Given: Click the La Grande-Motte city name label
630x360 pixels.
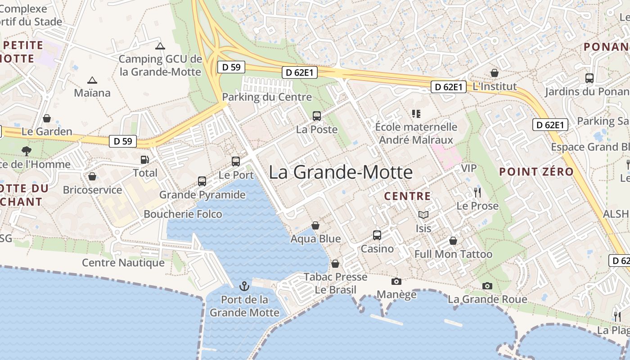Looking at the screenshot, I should [x=341, y=172].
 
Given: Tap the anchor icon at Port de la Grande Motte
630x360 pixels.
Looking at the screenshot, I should [x=244, y=286].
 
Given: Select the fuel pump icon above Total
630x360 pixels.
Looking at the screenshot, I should [x=145, y=160].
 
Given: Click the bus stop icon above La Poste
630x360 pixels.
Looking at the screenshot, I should [x=317, y=116].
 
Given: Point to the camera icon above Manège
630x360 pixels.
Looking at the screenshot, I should [x=396, y=282].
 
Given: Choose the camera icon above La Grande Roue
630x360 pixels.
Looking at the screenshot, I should [x=487, y=286].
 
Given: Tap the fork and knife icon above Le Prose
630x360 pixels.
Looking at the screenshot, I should [x=477, y=193].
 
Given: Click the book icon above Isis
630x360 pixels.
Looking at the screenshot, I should [x=423, y=215].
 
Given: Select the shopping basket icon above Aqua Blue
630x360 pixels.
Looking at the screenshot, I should [x=315, y=225].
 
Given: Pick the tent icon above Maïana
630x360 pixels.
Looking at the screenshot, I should [x=92, y=81].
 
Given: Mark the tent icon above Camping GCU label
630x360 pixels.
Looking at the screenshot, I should [x=160, y=46].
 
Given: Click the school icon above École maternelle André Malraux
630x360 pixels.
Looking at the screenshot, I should [x=416, y=114].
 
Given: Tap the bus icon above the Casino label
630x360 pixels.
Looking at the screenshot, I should [x=377, y=235].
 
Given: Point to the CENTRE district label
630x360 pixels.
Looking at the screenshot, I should [x=407, y=196].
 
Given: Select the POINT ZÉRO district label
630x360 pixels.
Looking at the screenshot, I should [x=536, y=171].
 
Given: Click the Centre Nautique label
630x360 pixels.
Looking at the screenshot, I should [x=123, y=263].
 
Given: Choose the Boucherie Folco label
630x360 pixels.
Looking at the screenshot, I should [x=183, y=214].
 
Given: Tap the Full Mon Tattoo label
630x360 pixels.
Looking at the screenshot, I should [x=453, y=254].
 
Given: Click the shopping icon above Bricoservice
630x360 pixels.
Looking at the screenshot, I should [x=92, y=176].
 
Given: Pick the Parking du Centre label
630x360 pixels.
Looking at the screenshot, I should [x=267, y=97].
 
